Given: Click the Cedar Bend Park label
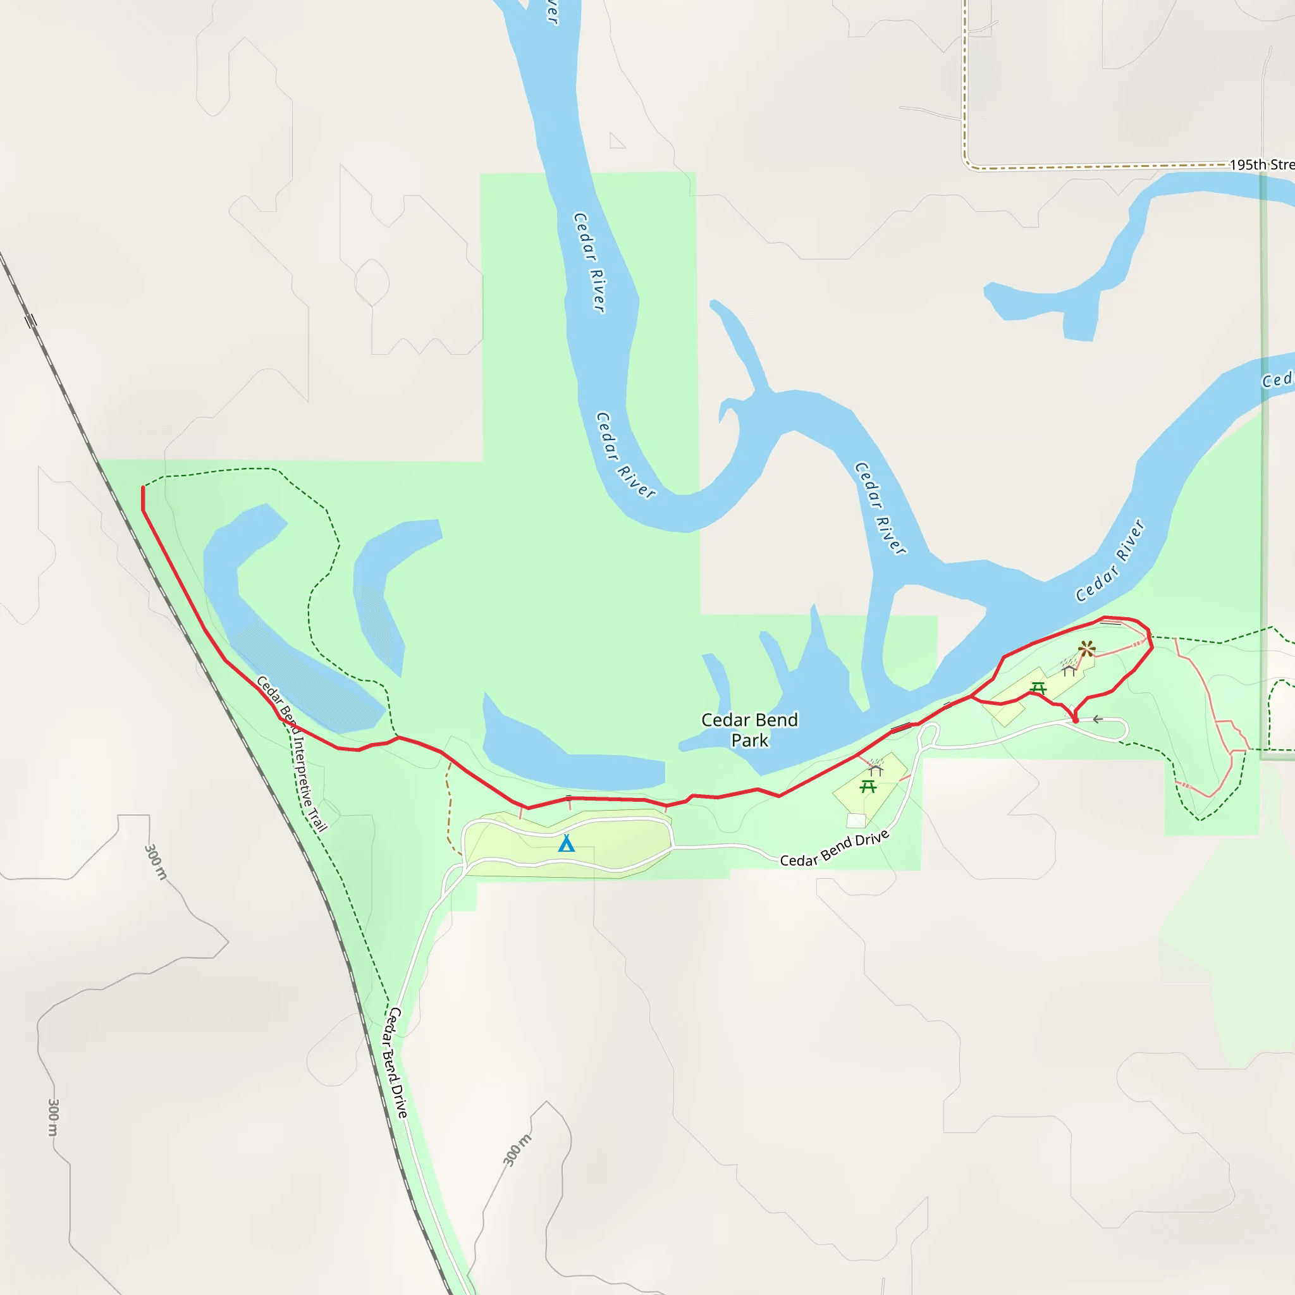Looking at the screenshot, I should tap(749, 730).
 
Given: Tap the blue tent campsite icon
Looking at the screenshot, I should tap(567, 844).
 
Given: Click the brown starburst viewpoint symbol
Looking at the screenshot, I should tap(1086, 649).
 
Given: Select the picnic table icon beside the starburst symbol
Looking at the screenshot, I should tap(1038, 688).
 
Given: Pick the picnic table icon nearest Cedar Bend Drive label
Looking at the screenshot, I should tap(868, 786).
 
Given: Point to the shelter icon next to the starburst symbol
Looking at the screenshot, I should tap(1069, 669).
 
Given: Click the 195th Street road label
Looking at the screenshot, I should tap(1261, 164).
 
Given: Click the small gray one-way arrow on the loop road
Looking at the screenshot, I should tap(1097, 719).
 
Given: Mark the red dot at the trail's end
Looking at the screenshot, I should tap(1076, 721).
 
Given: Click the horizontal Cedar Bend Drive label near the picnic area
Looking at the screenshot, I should tap(835, 849).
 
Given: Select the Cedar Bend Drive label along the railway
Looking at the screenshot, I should tap(395, 1063).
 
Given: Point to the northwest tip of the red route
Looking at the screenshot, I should tap(143, 489).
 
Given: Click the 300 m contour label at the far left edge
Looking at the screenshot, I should tap(53, 1117).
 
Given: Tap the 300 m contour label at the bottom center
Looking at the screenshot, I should tap(517, 1150).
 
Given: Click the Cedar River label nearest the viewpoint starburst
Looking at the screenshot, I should tap(1110, 560).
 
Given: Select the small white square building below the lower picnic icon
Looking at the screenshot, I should tap(856, 820).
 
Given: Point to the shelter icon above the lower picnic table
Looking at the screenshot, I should tap(875, 770).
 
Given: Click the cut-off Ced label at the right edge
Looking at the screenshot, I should tap(1276, 380).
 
